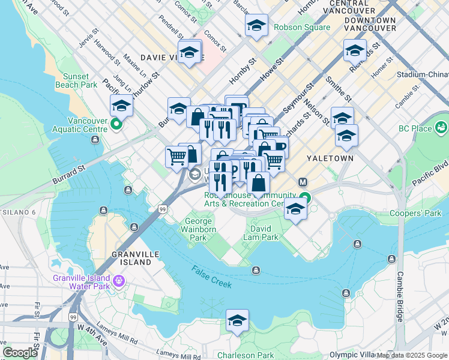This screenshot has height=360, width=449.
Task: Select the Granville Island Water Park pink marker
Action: [x=119, y=279]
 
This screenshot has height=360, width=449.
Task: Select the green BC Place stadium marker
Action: [x=442, y=127]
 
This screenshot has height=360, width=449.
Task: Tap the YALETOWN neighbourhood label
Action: [x=328, y=158]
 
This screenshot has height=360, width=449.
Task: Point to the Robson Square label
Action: [x=302, y=27]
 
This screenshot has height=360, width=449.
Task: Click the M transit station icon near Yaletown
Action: [x=303, y=181]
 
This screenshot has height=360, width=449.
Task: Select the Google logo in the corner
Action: [x=20, y=353]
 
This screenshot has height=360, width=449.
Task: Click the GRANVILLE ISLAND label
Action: [x=132, y=258]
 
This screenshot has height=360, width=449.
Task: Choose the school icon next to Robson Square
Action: [x=256, y=25]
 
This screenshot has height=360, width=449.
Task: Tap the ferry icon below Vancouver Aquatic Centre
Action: [x=95, y=140]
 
